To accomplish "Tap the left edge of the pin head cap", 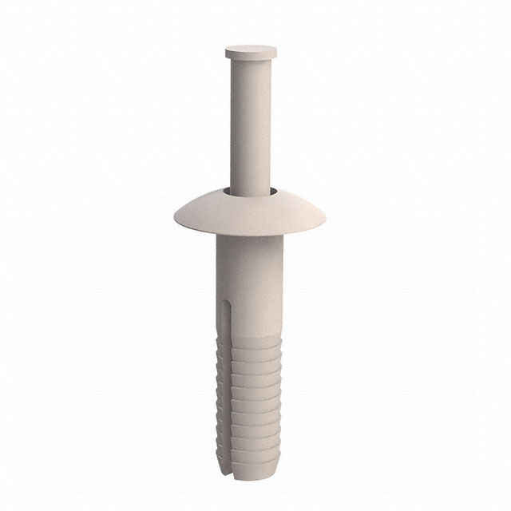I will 226,53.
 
